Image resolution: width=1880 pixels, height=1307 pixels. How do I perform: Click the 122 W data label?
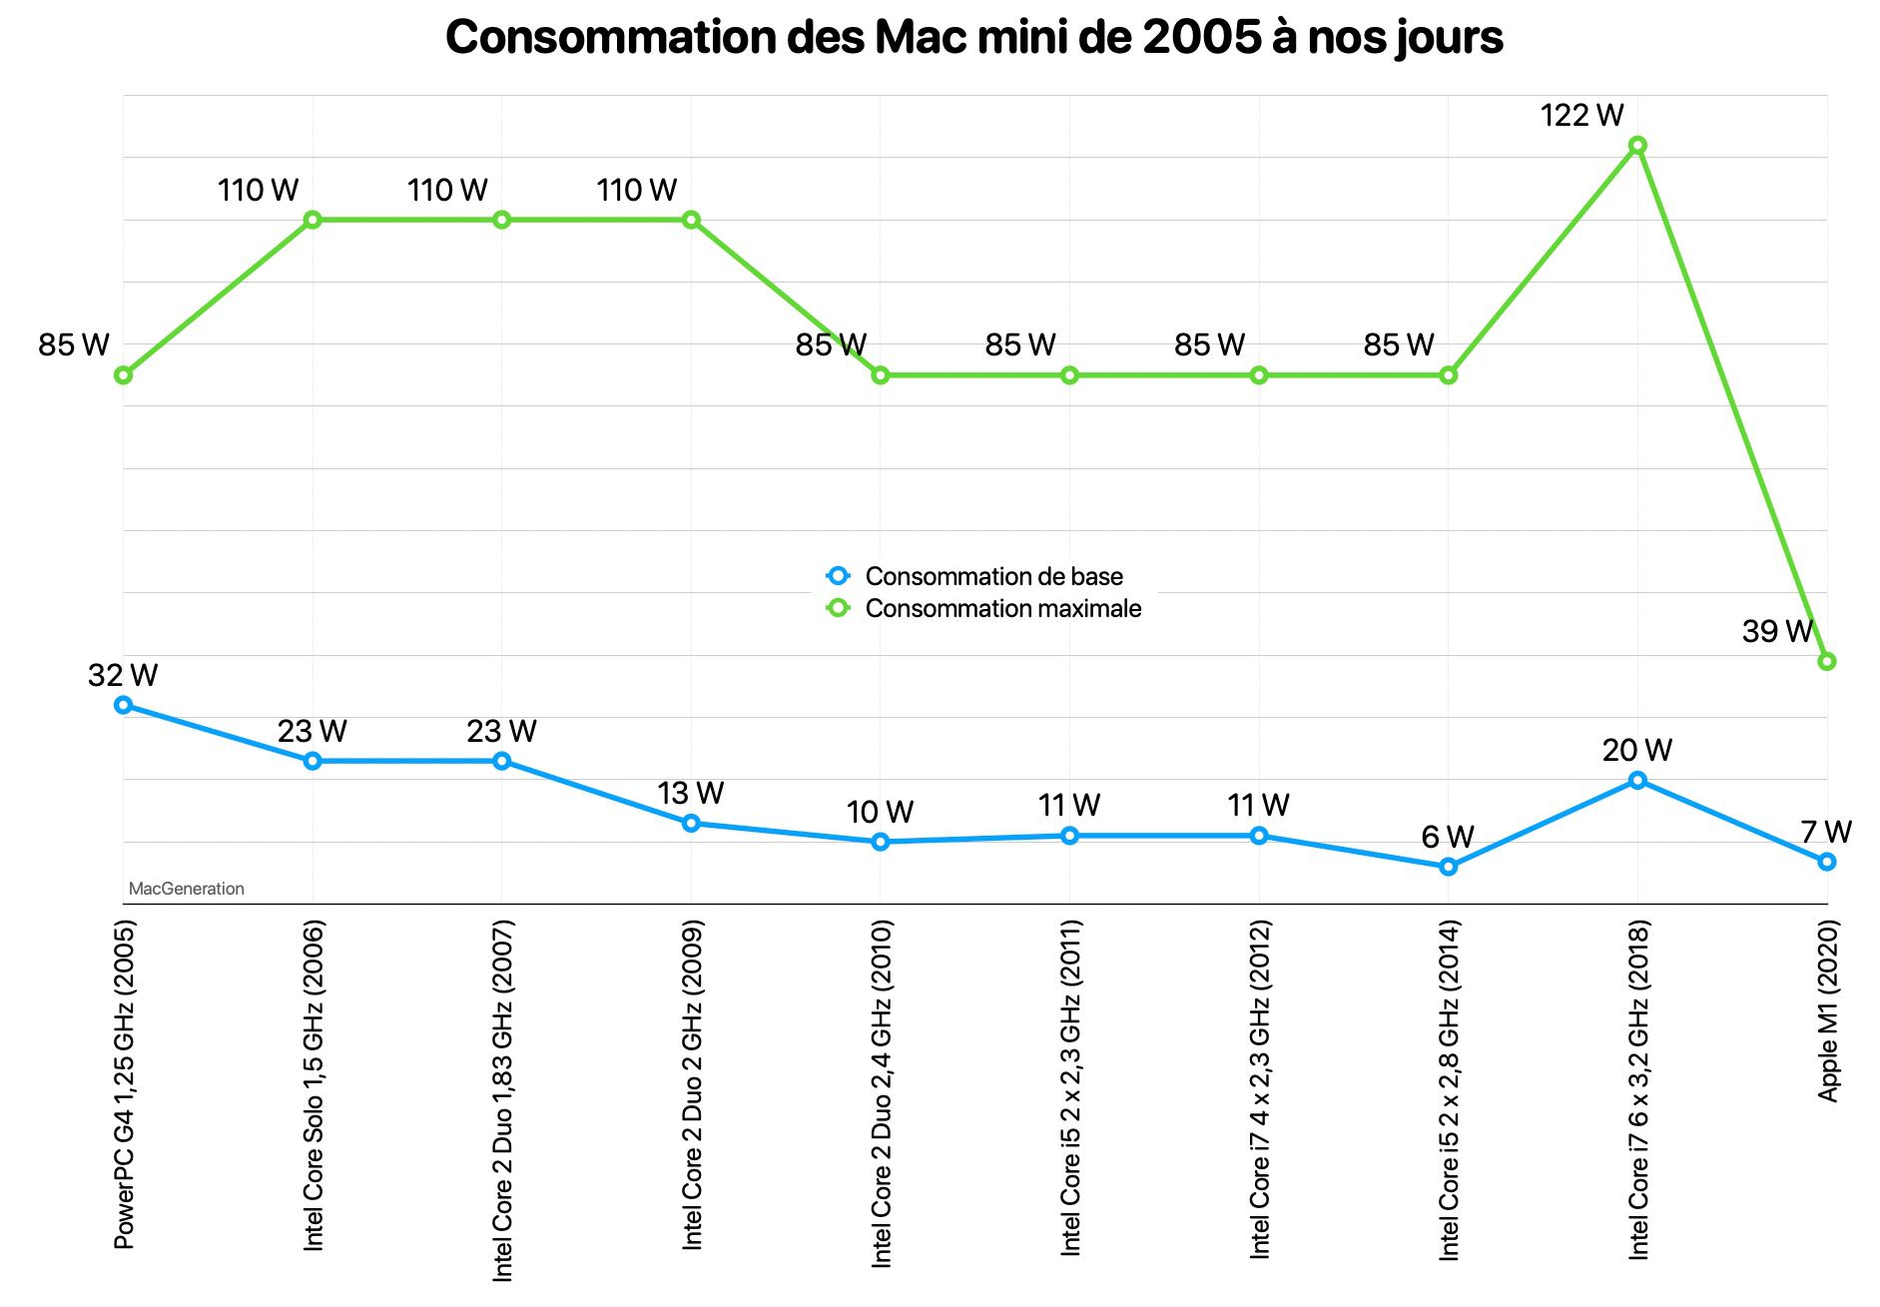pyautogui.click(x=1581, y=116)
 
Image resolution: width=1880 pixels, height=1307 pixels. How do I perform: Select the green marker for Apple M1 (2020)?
pyautogui.click(x=1826, y=661)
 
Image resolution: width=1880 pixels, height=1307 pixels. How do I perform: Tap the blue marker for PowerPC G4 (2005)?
pyautogui.click(x=123, y=705)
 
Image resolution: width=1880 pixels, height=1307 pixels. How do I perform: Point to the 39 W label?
pyautogui.click(x=1776, y=631)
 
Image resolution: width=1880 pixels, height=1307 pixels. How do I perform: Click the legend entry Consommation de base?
pyautogui.click(x=992, y=576)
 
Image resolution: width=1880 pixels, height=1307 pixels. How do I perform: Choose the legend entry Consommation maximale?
pyautogui.click(x=1001, y=608)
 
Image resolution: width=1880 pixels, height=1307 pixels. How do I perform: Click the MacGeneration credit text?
pyautogui.click(x=186, y=889)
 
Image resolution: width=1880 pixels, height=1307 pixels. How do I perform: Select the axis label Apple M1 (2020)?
pyautogui.click(x=1827, y=1010)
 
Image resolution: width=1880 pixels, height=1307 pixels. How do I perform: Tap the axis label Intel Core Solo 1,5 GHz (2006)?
pyautogui.click(x=313, y=1084)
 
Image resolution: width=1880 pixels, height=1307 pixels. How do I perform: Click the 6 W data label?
pyautogui.click(x=1448, y=837)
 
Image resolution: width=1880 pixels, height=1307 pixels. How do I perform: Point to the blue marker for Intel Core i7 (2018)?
pyautogui.click(x=1637, y=780)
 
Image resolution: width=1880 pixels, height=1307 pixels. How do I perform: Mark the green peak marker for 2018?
pyautogui.click(x=1637, y=145)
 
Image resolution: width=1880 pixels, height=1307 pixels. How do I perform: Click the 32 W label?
pyautogui.click(x=123, y=676)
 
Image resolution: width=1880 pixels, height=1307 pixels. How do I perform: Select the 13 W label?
pyautogui.click(x=690, y=794)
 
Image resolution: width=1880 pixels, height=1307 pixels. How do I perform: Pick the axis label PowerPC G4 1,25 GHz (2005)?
pyautogui.click(x=124, y=1084)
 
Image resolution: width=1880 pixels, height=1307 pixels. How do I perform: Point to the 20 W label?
pyautogui.click(x=1636, y=751)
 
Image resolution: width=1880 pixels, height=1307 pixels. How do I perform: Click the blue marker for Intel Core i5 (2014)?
pyautogui.click(x=1448, y=867)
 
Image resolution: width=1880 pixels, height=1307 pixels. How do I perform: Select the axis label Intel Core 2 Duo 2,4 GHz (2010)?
pyautogui.click(x=881, y=1094)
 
